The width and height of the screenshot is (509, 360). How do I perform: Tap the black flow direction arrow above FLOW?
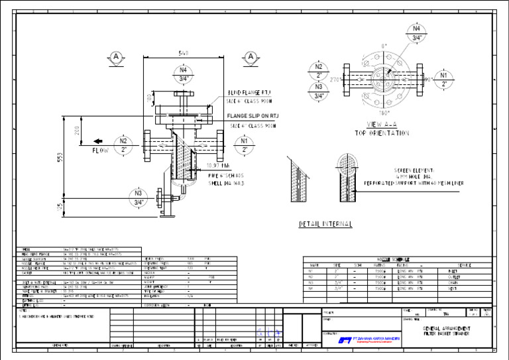coord(97,141)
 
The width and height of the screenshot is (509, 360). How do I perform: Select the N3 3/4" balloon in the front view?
coord(139,198)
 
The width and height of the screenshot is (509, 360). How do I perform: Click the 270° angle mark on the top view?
coord(335,80)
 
